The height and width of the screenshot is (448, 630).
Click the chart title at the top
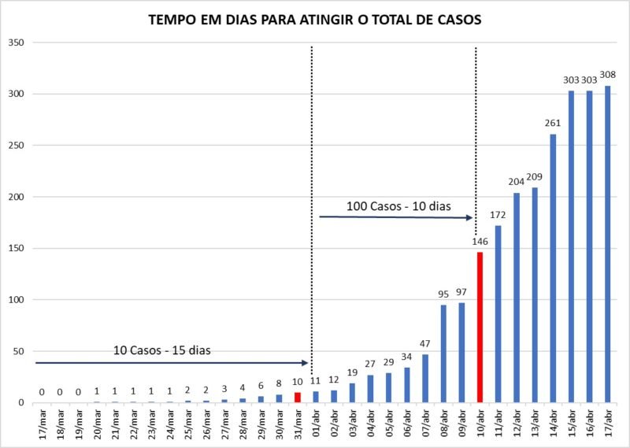point(314,20)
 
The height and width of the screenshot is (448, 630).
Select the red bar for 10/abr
point(480,327)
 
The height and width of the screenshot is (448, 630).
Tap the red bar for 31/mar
point(298,398)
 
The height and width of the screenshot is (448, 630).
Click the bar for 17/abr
point(607,244)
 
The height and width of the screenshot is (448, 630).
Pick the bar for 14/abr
point(553,268)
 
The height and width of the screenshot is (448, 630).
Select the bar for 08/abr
point(443,354)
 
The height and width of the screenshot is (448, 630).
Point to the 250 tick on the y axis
point(16,146)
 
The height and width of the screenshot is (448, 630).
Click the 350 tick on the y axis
point(16,43)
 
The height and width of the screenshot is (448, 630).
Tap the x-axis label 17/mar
point(42,424)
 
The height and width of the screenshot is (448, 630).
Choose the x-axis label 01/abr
point(316,424)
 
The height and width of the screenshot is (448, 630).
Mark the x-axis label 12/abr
point(517,424)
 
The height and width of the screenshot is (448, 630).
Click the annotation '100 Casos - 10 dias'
point(398,206)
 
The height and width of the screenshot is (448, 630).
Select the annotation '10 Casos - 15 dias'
point(162,350)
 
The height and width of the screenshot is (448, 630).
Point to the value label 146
point(480,242)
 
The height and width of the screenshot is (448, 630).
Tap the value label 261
point(553,124)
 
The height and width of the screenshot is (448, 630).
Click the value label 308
point(607,75)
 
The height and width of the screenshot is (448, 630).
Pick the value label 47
point(424,343)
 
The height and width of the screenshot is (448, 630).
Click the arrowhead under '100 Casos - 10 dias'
point(469,218)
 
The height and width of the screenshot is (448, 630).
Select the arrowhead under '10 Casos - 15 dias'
point(305,363)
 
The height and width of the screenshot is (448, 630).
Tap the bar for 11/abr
point(498,314)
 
